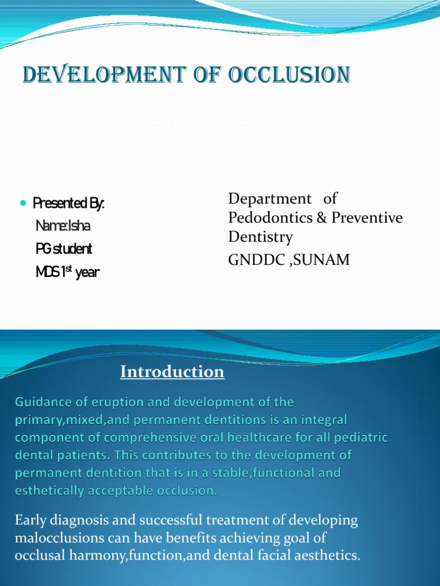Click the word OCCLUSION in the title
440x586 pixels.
point(289,75)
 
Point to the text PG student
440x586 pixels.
point(64,249)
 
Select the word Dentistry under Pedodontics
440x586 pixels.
point(260,236)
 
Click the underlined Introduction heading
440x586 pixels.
point(172,372)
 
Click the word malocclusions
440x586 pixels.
point(53,539)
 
